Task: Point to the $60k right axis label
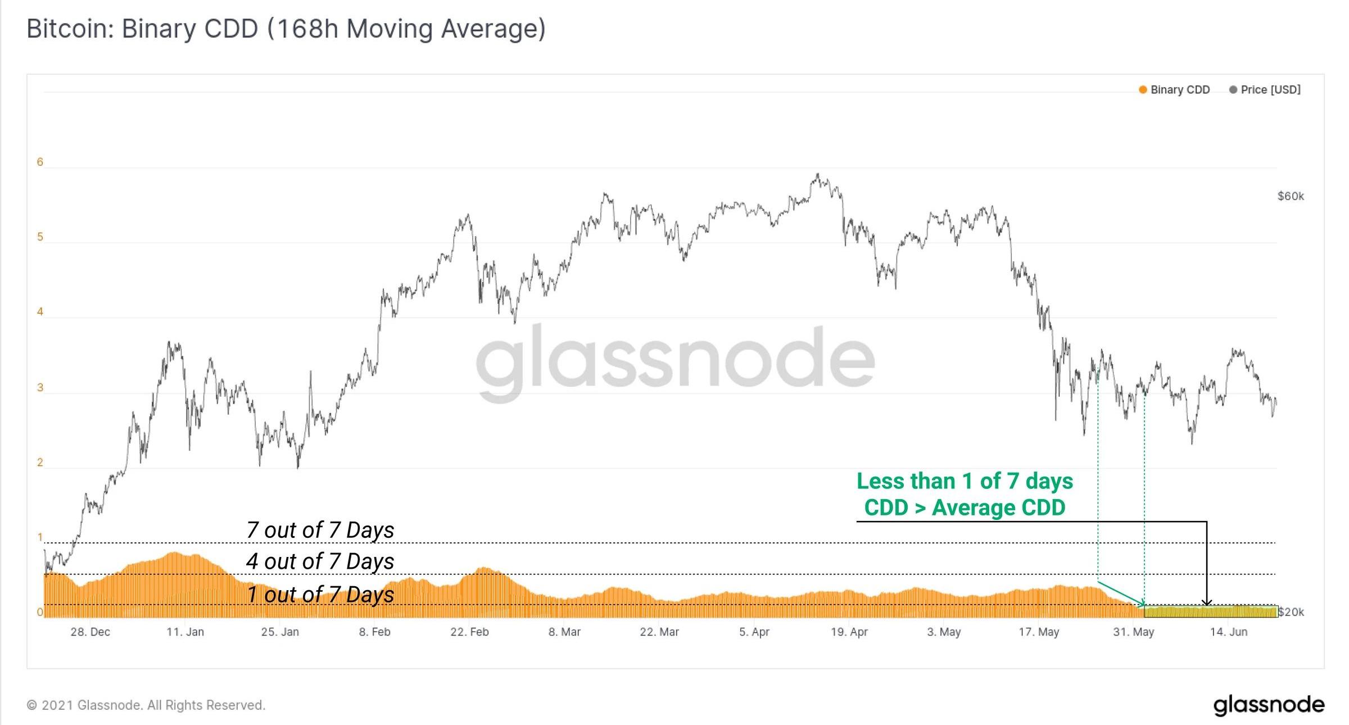coord(1290,196)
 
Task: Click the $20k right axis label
coord(1291,612)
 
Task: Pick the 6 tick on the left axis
coord(40,162)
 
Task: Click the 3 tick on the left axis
coord(40,388)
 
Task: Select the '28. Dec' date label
coord(90,632)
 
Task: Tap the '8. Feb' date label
coord(374,632)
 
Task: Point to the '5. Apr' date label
coord(754,632)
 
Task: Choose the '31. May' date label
coord(1133,632)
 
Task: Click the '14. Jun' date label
coord(1228,632)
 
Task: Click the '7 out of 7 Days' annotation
coord(320,530)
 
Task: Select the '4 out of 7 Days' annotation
coord(320,561)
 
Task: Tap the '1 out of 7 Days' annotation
coord(320,595)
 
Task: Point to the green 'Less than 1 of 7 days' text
coord(965,482)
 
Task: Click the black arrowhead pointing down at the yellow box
coord(1206,603)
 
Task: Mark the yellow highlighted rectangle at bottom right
coord(1210,612)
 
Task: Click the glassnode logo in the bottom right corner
coord(1269,705)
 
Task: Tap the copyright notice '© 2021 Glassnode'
coord(146,705)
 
